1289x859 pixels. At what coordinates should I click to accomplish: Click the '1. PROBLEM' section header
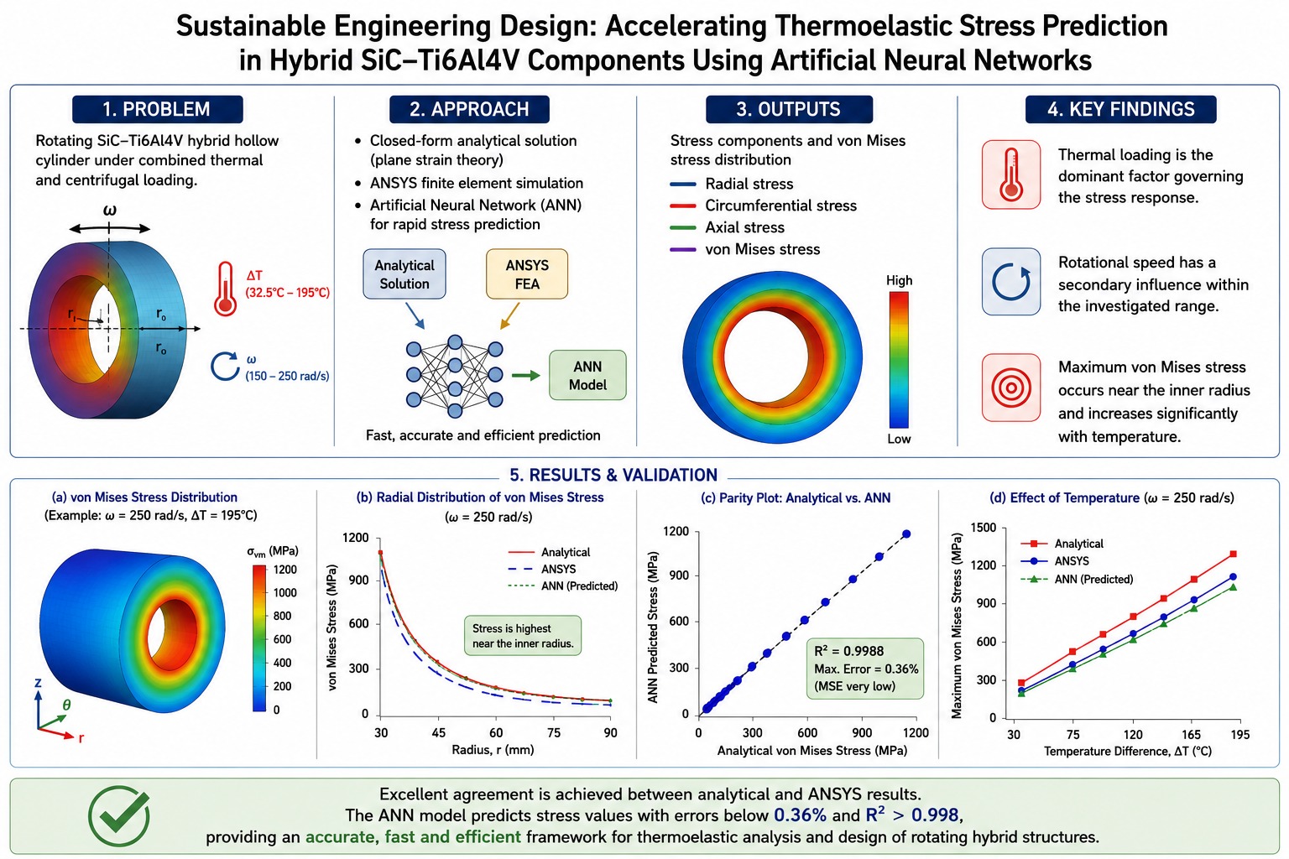(x=157, y=109)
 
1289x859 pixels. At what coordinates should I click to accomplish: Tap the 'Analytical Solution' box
(x=404, y=273)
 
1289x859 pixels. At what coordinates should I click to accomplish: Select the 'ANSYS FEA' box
(x=526, y=273)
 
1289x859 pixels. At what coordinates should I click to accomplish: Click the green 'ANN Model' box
(x=587, y=375)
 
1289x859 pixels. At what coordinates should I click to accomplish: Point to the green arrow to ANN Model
(x=525, y=376)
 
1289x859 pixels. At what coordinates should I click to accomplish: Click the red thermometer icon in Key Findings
(x=1011, y=174)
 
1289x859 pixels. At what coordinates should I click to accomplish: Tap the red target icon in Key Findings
(x=1011, y=388)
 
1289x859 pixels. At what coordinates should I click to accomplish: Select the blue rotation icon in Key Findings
(x=1011, y=282)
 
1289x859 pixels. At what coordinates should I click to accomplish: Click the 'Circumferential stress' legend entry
(x=763, y=206)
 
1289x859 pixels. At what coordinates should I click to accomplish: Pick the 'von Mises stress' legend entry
(x=744, y=249)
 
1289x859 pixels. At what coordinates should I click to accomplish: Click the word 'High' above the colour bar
(x=899, y=280)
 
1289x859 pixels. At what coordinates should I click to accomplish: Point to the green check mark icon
(x=119, y=816)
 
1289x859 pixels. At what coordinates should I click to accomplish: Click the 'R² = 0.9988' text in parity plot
(x=848, y=651)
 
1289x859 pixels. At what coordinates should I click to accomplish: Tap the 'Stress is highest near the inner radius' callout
(x=523, y=636)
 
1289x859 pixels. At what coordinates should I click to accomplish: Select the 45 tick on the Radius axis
(x=439, y=732)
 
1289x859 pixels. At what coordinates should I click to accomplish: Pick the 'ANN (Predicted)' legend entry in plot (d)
(x=1077, y=579)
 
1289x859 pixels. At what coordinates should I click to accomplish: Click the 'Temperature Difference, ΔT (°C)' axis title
(x=1127, y=751)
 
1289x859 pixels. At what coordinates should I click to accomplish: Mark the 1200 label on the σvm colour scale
(x=284, y=569)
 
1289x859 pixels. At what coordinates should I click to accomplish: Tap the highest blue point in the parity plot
(x=906, y=534)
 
